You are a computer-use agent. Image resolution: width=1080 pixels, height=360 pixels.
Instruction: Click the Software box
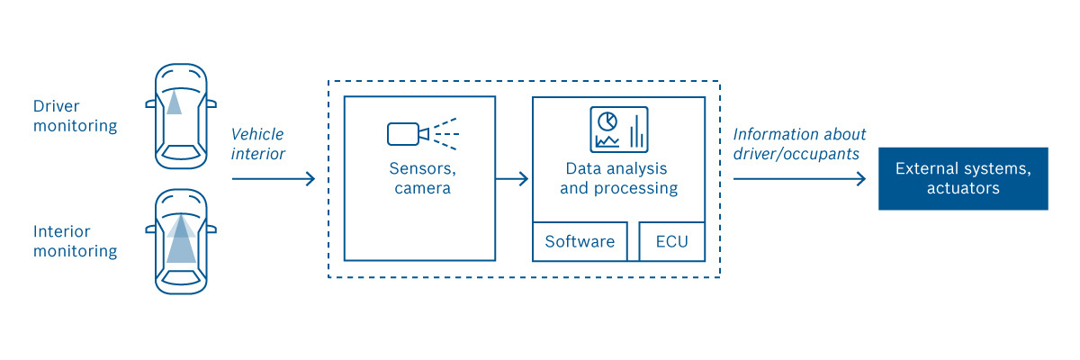[x=580, y=241]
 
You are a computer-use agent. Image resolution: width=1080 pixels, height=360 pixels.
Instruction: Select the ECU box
[x=671, y=241]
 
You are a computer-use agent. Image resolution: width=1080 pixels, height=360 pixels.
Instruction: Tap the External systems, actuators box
[x=963, y=178]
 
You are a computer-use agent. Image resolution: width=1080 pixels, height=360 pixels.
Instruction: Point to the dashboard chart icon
[x=619, y=130]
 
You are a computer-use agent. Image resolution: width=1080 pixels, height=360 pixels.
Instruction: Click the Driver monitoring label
[x=75, y=116]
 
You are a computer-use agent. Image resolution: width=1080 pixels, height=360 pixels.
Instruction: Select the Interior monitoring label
[x=75, y=241]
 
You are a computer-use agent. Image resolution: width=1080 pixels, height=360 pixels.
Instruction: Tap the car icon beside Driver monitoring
[x=180, y=116]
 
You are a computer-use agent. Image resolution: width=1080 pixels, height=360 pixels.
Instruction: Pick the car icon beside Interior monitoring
[x=180, y=240]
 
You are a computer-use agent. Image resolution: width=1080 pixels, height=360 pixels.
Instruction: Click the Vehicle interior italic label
[x=257, y=144]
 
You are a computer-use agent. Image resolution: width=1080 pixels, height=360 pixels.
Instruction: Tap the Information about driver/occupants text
[x=799, y=144]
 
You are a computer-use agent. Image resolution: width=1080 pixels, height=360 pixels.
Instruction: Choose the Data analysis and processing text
[x=618, y=178]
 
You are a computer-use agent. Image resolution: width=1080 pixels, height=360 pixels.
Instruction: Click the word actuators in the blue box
[x=963, y=189]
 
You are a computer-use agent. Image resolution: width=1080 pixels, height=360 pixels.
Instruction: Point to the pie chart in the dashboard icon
[x=607, y=121]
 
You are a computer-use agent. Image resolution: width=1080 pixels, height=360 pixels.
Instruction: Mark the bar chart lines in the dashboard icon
[x=636, y=133]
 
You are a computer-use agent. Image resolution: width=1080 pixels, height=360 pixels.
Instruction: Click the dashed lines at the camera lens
[x=445, y=134]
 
